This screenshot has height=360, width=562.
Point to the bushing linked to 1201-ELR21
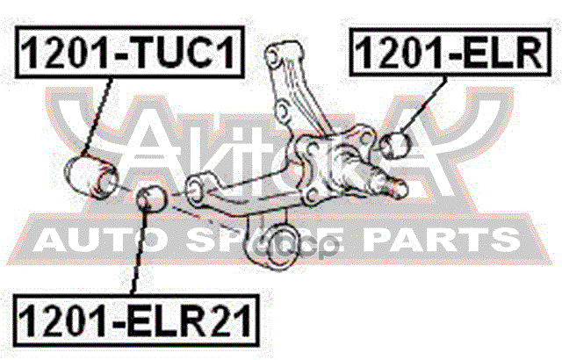click(x=151, y=198)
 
